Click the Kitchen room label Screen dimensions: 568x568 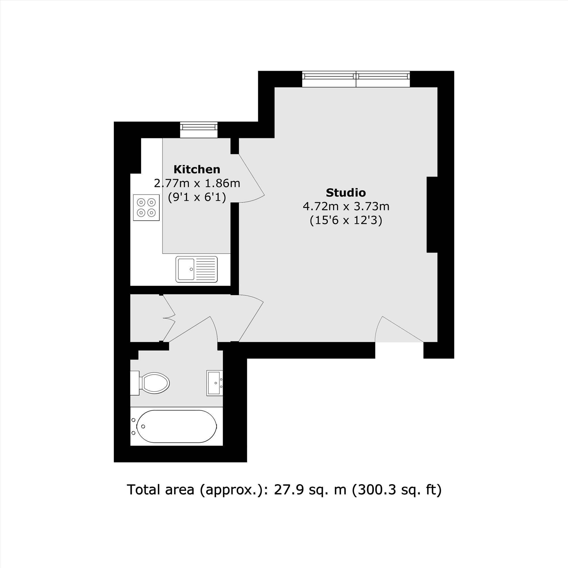click(x=197, y=170)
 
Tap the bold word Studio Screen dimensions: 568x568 click(x=346, y=193)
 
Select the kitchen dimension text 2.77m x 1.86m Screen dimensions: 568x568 click(x=197, y=183)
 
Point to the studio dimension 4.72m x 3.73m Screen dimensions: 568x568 click(x=346, y=207)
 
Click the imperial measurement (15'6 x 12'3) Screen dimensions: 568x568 click(x=346, y=220)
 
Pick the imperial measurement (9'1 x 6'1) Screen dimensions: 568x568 click(x=197, y=197)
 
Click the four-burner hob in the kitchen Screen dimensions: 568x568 click(x=146, y=207)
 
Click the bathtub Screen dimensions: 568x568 click(x=176, y=426)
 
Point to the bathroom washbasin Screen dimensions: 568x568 click(x=214, y=383)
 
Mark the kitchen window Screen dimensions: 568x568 click(x=199, y=130)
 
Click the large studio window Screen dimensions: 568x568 click(x=356, y=79)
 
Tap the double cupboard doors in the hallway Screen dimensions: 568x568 click(x=169, y=318)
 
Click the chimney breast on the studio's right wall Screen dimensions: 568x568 click(x=432, y=214)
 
